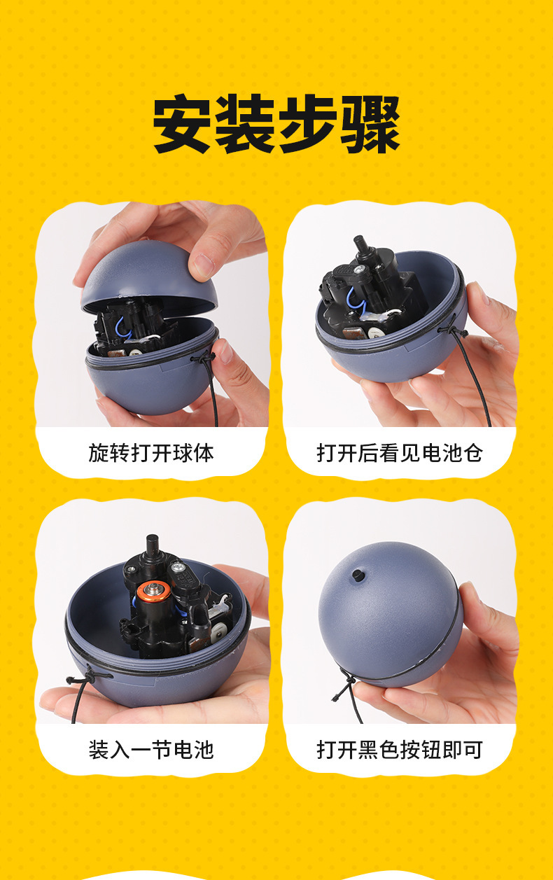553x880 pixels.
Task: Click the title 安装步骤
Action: click(276, 124)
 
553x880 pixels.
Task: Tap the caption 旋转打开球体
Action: click(151, 453)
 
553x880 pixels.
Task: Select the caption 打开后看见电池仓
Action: click(400, 453)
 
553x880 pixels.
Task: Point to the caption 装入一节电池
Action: click(151, 750)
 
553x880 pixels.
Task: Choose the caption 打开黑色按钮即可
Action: click(400, 750)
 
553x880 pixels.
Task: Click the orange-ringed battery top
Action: click(153, 590)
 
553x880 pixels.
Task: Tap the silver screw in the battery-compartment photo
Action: click(359, 269)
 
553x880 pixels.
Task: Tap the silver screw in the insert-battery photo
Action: click(178, 567)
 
